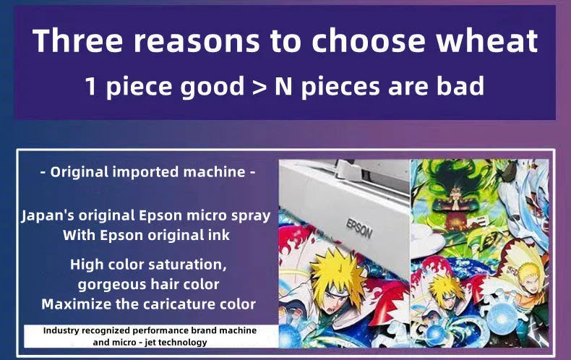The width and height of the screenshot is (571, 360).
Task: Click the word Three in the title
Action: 78,40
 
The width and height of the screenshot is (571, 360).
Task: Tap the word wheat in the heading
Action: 487,40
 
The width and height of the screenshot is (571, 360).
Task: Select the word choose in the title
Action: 368,40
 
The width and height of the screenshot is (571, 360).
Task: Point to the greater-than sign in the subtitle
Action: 259,87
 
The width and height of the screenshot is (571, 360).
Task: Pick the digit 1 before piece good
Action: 91,87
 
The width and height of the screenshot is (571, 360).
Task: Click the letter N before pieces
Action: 283,86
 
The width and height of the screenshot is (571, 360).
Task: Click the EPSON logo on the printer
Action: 359,228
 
